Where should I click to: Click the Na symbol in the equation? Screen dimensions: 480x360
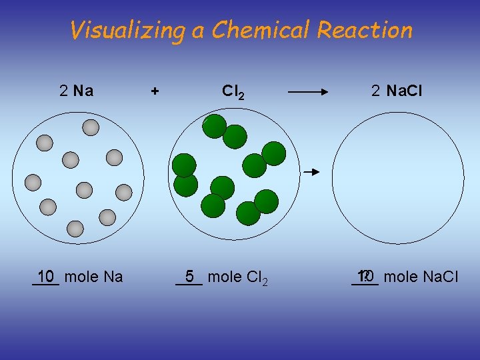pos(83,91)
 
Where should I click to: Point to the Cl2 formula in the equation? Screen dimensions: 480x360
pos(233,91)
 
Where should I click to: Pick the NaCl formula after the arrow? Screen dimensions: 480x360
pos(405,91)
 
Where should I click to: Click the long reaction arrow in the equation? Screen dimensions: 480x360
pos(313,91)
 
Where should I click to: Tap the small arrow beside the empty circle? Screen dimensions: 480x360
pos(312,172)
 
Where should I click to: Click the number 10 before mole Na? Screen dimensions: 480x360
pos(46,276)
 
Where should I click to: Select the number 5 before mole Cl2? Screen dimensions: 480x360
pos(189,276)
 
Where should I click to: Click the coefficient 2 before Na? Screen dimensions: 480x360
pos(63,91)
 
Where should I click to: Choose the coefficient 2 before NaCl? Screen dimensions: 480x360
pos(376,91)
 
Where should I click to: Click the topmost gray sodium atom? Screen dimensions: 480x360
pos(91,127)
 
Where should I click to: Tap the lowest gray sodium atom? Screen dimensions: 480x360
pos(76,229)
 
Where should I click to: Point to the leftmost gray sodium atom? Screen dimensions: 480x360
pos(33,182)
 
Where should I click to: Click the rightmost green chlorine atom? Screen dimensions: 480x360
pos(273,153)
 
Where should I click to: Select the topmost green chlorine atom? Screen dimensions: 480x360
pos(215,126)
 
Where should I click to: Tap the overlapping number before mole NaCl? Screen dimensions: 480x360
pos(365,276)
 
